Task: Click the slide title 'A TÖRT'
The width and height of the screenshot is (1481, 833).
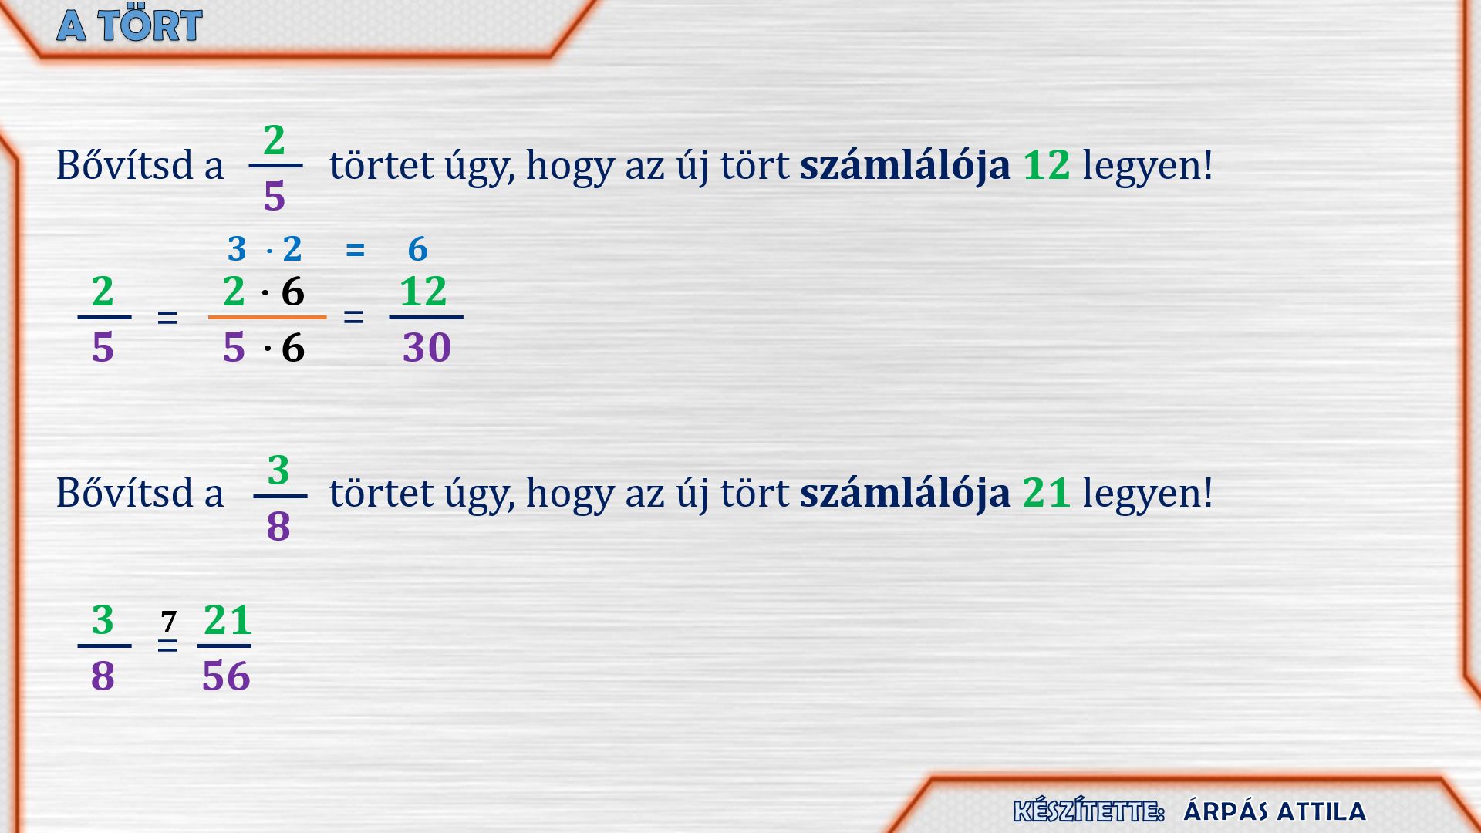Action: pyautogui.click(x=130, y=25)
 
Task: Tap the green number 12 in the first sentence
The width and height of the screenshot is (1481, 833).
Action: pyautogui.click(x=1047, y=165)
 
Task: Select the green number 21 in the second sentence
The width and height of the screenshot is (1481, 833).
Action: pyautogui.click(x=1047, y=493)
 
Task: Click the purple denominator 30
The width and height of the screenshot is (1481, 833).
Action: pyautogui.click(x=427, y=348)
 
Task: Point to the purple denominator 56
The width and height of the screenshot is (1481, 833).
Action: pyautogui.click(x=226, y=676)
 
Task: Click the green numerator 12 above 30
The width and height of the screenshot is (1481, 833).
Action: pyautogui.click(x=423, y=292)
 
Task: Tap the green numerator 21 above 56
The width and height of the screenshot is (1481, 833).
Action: pyautogui.click(x=228, y=620)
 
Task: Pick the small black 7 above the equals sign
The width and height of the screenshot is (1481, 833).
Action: pyautogui.click(x=169, y=621)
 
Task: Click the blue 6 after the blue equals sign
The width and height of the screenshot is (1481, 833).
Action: pyautogui.click(x=417, y=249)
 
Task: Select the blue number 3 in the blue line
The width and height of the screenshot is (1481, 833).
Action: pyautogui.click(x=237, y=249)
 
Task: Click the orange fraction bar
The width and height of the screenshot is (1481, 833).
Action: pyautogui.click(x=267, y=317)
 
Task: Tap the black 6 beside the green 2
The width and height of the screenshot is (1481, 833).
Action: pyautogui.click(x=293, y=292)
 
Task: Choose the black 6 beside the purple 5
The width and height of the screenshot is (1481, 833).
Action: pyautogui.click(x=293, y=348)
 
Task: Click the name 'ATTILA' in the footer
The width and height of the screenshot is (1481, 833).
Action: pyautogui.click(x=1321, y=811)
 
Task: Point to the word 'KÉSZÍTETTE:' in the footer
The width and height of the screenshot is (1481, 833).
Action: pyautogui.click(x=1088, y=811)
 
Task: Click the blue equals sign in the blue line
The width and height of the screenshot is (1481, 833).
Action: pyautogui.click(x=355, y=249)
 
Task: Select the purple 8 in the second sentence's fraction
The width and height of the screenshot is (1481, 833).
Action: pyautogui.click(x=278, y=527)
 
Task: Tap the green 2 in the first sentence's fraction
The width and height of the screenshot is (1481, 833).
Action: pyautogui.click(x=274, y=140)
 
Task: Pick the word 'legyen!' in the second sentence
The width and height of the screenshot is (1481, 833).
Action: pyautogui.click(x=1148, y=494)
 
